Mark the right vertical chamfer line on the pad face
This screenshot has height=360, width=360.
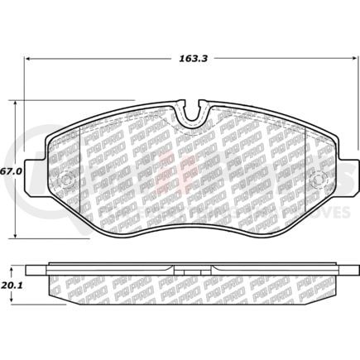(x=305, y=174)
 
